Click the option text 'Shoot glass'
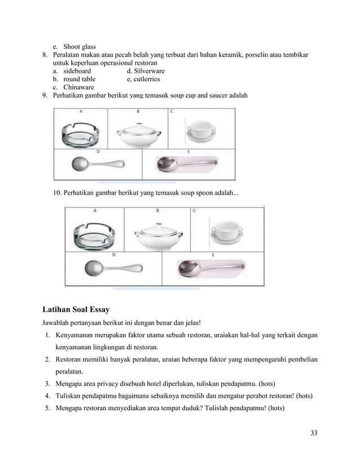point(79,46)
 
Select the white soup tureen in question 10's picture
point(157,232)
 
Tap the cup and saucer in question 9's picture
point(204,130)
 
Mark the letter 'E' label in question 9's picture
point(188,152)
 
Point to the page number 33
point(314,433)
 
